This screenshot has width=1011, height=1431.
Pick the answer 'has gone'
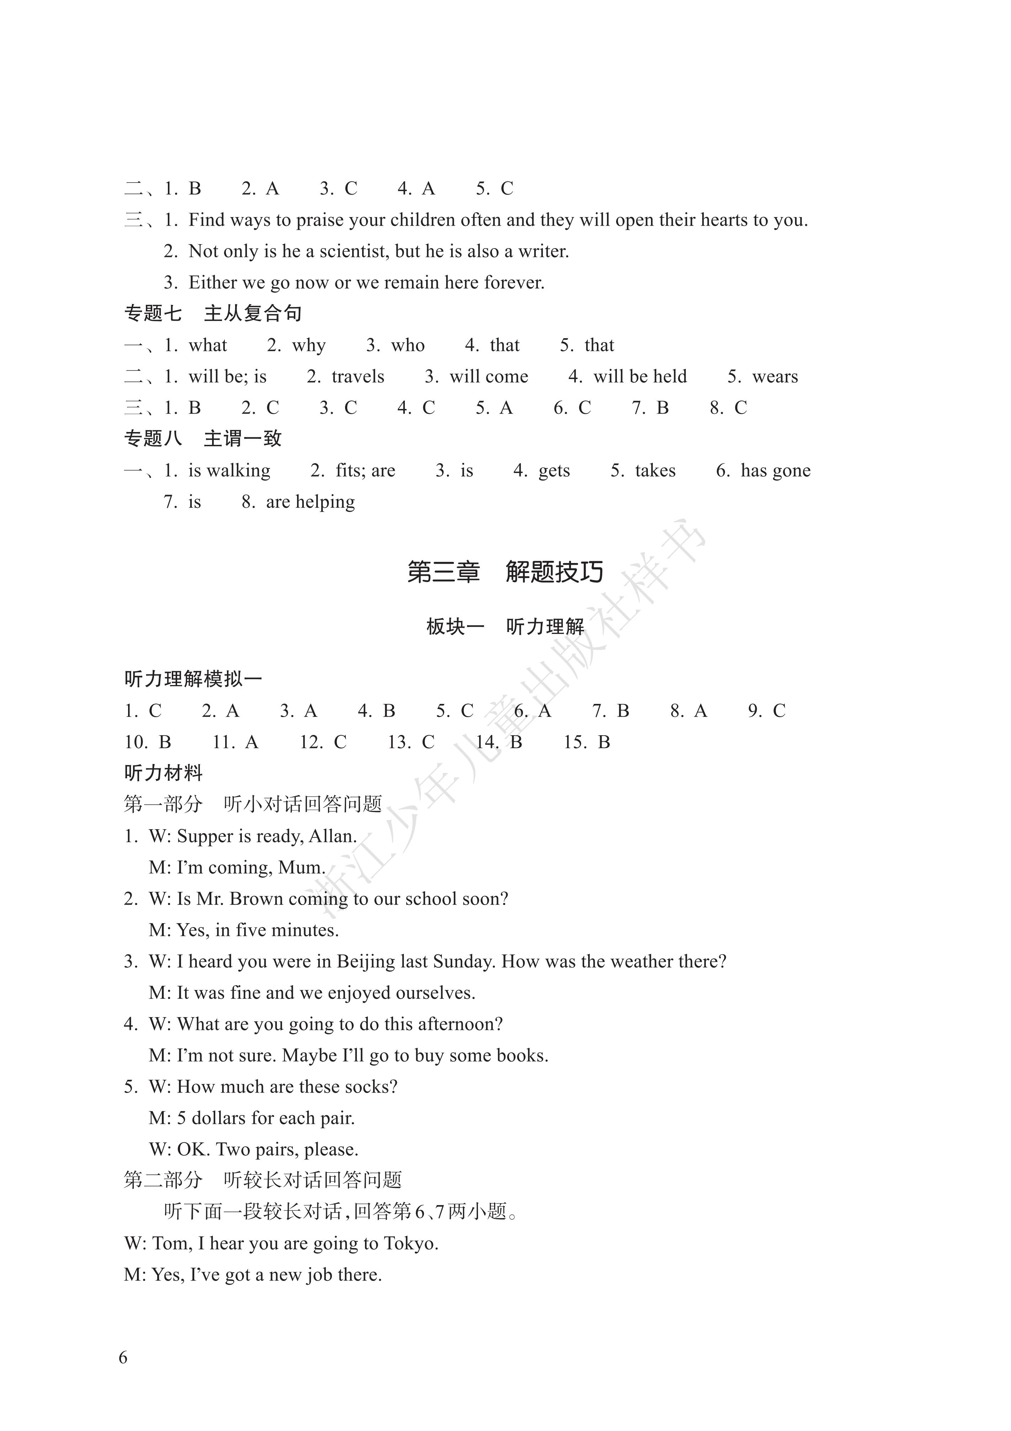pos(776,470)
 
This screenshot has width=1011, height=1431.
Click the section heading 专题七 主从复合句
pos(213,314)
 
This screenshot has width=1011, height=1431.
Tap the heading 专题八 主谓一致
pos(203,439)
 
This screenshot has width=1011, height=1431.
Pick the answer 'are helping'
pos(310,502)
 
